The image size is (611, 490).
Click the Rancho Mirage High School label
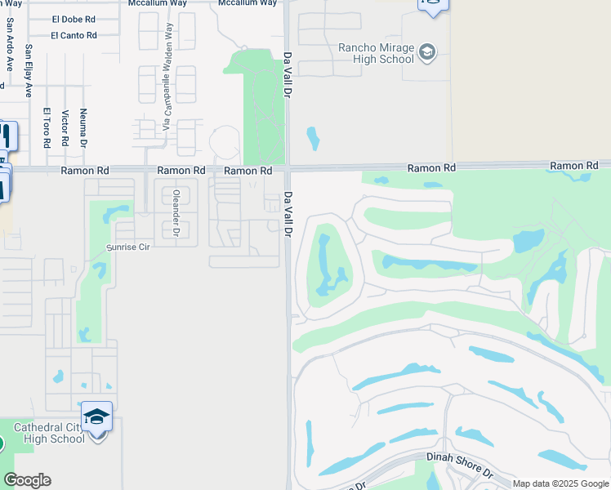[376, 53]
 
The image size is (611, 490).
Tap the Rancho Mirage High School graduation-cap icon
[427, 54]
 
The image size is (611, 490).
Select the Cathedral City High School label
[48, 433]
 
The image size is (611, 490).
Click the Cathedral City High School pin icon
[97, 417]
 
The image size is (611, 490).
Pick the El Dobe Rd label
[74, 20]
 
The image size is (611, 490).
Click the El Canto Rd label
[74, 35]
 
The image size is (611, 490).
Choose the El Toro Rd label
[47, 127]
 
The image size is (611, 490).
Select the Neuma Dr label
[83, 127]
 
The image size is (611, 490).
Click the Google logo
[27, 480]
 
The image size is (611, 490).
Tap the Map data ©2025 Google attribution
[560, 483]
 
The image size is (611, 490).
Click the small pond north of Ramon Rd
[312, 138]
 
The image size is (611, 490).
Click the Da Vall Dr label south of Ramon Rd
[288, 215]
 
